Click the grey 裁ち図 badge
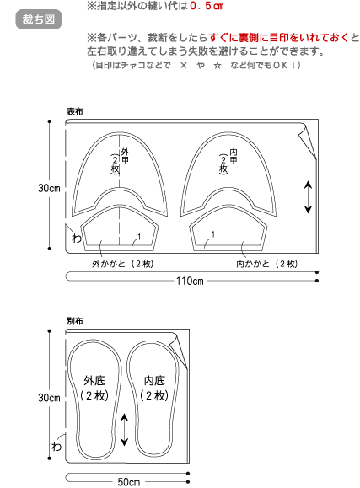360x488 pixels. pos(39,19)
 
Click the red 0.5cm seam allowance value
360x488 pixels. pos(207,6)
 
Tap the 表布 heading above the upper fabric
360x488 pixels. pos(75,111)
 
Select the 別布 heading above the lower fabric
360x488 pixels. pos(75,321)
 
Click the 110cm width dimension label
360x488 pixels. pos(190,281)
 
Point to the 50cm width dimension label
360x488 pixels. pos(129,482)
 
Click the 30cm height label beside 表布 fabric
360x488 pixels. pos(49,188)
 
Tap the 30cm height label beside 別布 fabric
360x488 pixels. pos(49,398)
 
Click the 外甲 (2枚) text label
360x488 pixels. pos(120,161)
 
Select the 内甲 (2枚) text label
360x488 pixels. pos(228,161)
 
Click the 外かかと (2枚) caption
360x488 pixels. pos(123,264)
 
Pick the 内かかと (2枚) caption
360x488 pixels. pos(267,264)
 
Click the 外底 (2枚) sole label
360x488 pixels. pos(94,388)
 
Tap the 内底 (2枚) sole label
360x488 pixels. pos(154,388)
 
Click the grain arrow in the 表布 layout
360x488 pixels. pos(308,197)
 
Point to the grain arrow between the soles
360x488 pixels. pos(124,430)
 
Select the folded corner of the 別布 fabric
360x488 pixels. pos(179,351)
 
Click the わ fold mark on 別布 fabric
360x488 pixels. pos(56,447)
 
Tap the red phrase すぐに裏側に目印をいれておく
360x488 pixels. pos(278,38)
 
